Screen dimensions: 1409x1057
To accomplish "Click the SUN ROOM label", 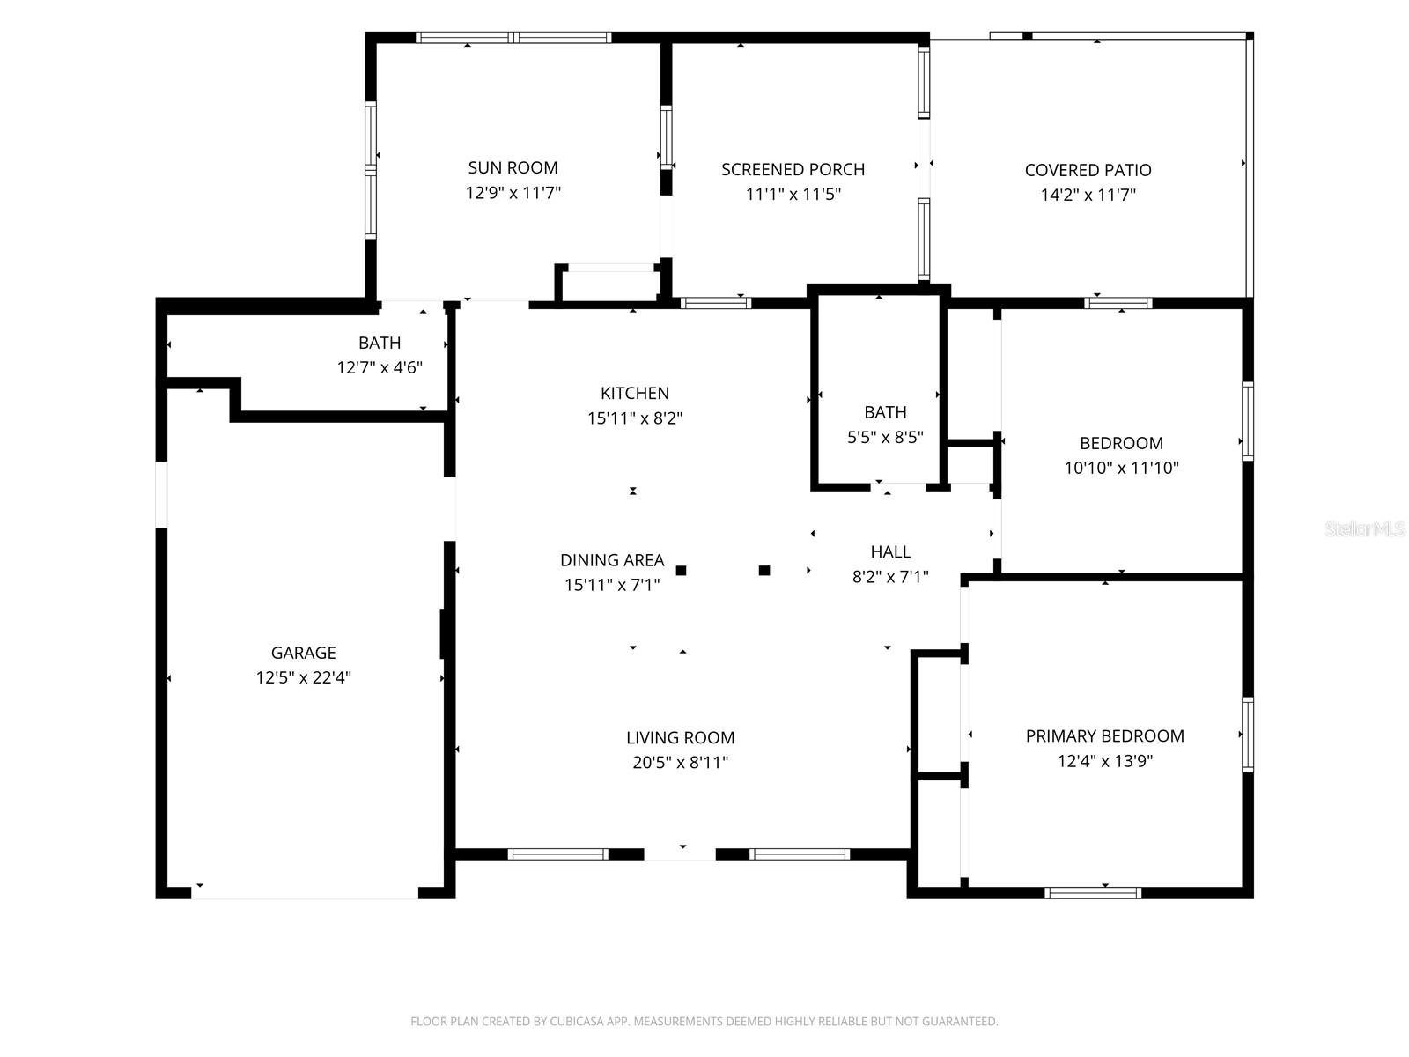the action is pyautogui.click(x=513, y=168).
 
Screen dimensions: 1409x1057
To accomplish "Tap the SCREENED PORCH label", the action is pyautogui.click(x=793, y=170).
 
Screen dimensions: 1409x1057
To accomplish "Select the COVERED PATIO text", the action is pyautogui.click(x=1088, y=171).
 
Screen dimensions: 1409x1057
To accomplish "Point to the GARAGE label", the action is pyautogui.click(x=304, y=654).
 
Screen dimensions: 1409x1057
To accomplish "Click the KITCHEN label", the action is pyautogui.click(x=635, y=394).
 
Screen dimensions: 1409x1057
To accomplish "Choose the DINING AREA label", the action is pyautogui.click(x=612, y=561).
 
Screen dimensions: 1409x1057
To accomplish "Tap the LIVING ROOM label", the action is pyautogui.click(x=681, y=738).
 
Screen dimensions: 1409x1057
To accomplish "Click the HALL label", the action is pyautogui.click(x=890, y=552).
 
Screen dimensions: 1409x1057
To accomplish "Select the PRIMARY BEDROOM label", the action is pyautogui.click(x=1104, y=736).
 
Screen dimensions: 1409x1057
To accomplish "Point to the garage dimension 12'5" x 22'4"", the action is pyautogui.click(x=304, y=677).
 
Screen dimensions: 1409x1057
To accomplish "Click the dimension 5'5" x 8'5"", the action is pyautogui.click(x=885, y=438).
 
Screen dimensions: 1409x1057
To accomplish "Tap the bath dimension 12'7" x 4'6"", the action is pyautogui.click(x=380, y=367).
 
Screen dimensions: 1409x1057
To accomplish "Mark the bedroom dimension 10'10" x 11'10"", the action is pyautogui.click(x=1121, y=469).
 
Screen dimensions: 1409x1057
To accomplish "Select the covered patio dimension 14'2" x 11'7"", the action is pyautogui.click(x=1088, y=195).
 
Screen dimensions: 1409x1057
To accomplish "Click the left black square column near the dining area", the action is pyautogui.click(x=681, y=571).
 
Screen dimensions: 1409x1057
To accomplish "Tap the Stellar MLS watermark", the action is pyautogui.click(x=1365, y=529).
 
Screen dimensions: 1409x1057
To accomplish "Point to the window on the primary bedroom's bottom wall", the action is pyautogui.click(x=1093, y=892).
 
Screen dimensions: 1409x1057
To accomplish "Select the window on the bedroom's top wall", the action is pyautogui.click(x=1118, y=303).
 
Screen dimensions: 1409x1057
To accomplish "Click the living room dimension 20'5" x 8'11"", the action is pyautogui.click(x=681, y=763).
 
